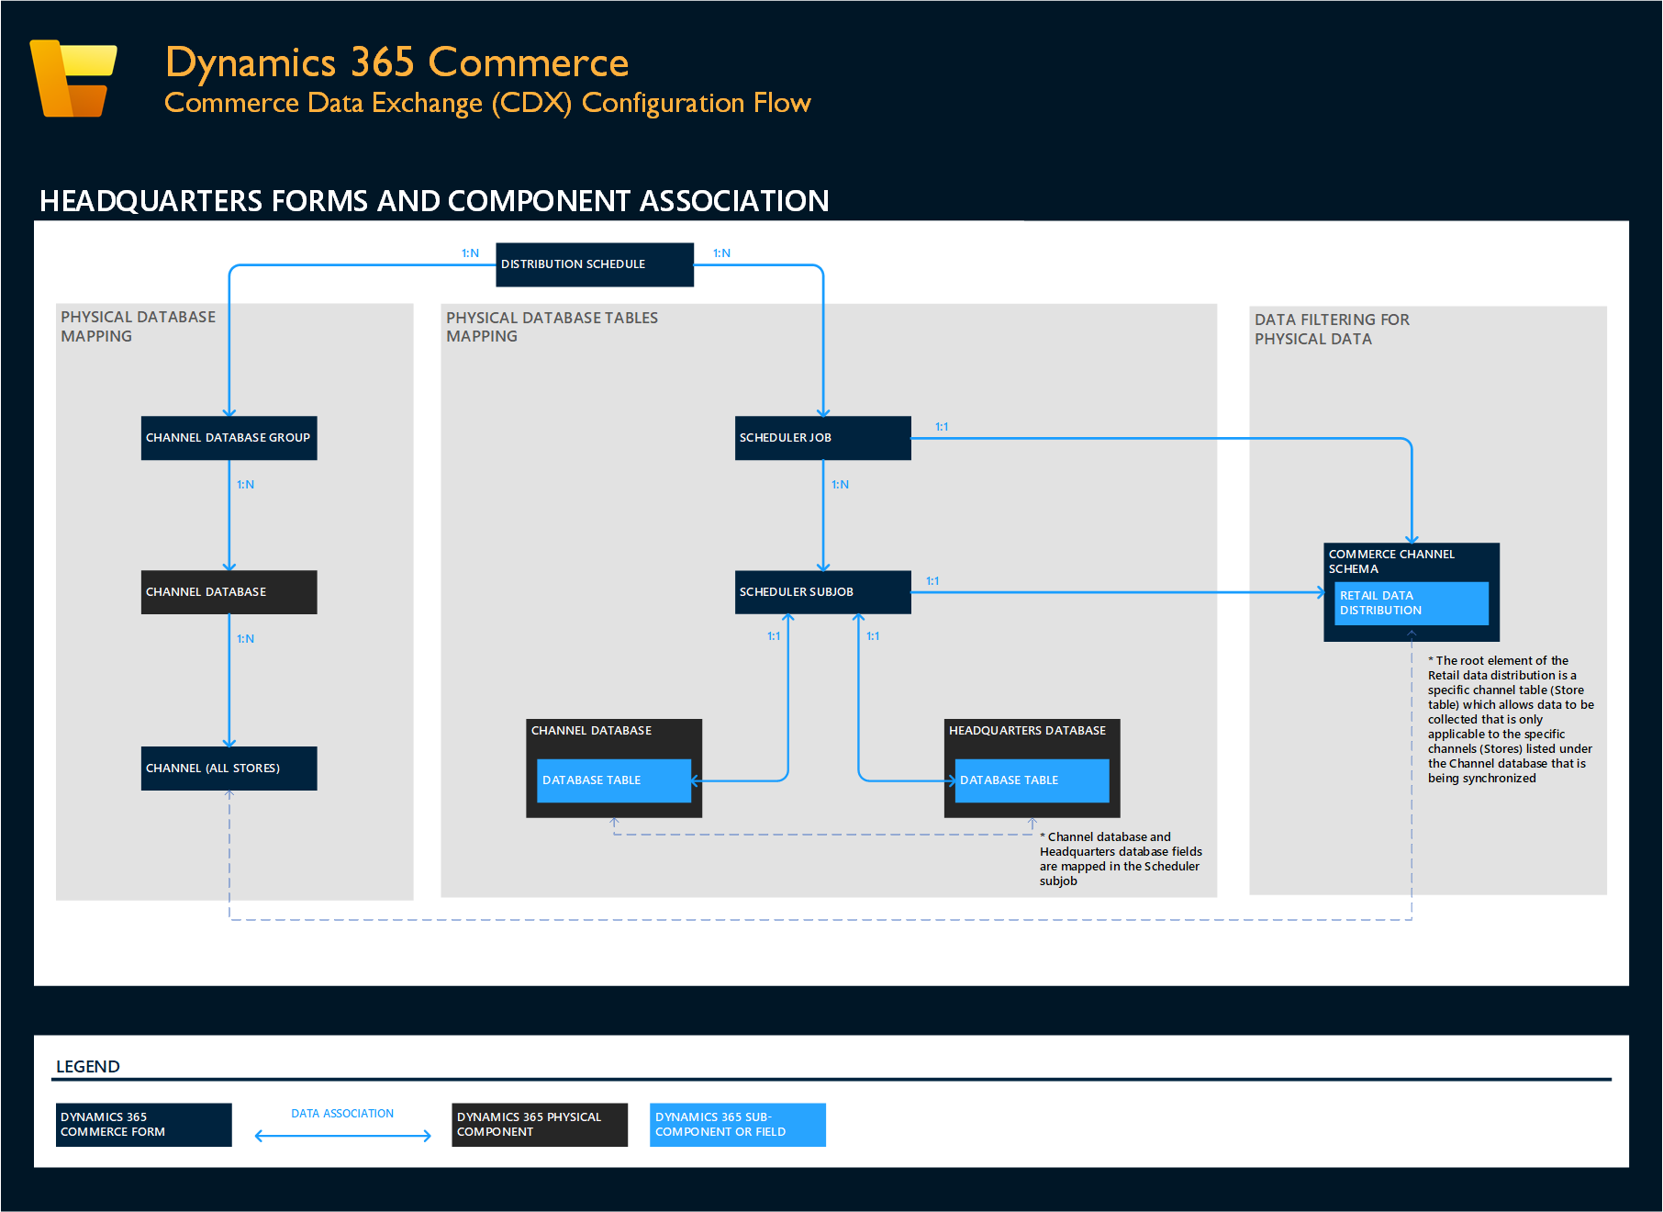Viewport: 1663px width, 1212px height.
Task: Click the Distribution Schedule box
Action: click(594, 264)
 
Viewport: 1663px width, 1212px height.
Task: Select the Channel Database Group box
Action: click(229, 438)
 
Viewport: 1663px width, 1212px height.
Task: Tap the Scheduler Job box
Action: click(822, 438)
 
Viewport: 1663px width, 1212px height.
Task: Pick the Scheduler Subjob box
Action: click(822, 592)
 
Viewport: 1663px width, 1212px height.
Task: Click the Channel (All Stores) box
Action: click(229, 769)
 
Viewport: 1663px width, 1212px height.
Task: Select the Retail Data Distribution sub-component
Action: click(1411, 603)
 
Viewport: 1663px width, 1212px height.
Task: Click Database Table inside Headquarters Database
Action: click(1032, 780)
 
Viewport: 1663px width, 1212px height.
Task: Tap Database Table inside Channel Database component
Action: click(613, 780)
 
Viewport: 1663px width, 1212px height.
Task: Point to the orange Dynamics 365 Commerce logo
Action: click(73, 78)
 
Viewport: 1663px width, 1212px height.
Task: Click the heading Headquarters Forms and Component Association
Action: click(434, 201)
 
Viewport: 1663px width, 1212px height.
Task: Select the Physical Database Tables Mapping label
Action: click(552, 327)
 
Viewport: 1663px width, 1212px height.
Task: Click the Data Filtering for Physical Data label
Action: click(1331, 329)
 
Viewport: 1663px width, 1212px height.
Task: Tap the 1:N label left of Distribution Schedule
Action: click(470, 253)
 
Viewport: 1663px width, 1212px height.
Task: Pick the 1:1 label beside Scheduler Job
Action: click(942, 427)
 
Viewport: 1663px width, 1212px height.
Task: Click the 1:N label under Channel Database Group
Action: click(245, 485)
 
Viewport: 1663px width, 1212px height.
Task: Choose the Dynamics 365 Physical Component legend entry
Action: click(539, 1125)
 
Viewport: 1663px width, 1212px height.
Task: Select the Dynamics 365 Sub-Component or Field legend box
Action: click(737, 1125)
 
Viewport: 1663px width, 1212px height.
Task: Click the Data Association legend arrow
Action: click(342, 1136)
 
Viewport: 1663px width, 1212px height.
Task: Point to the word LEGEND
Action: click(88, 1067)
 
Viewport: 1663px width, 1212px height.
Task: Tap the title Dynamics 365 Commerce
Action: click(396, 62)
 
